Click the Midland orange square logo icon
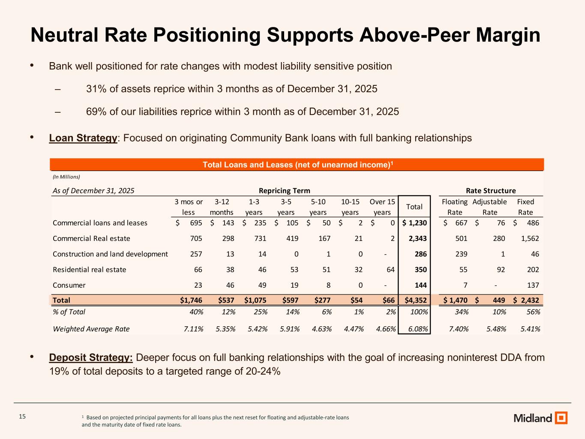point(561,418)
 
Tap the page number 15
point(22,417)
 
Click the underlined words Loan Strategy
point(83,138)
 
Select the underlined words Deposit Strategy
point(91,358)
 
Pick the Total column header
point(414,207)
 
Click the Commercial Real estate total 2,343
point(415,238)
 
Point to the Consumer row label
point(69,285)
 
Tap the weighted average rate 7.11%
point(192,329)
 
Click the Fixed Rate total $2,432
point(526,300)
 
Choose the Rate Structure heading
point(491,190)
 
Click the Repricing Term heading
point(285,190)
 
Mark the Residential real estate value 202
point(531,270)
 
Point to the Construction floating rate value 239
point(461,254)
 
